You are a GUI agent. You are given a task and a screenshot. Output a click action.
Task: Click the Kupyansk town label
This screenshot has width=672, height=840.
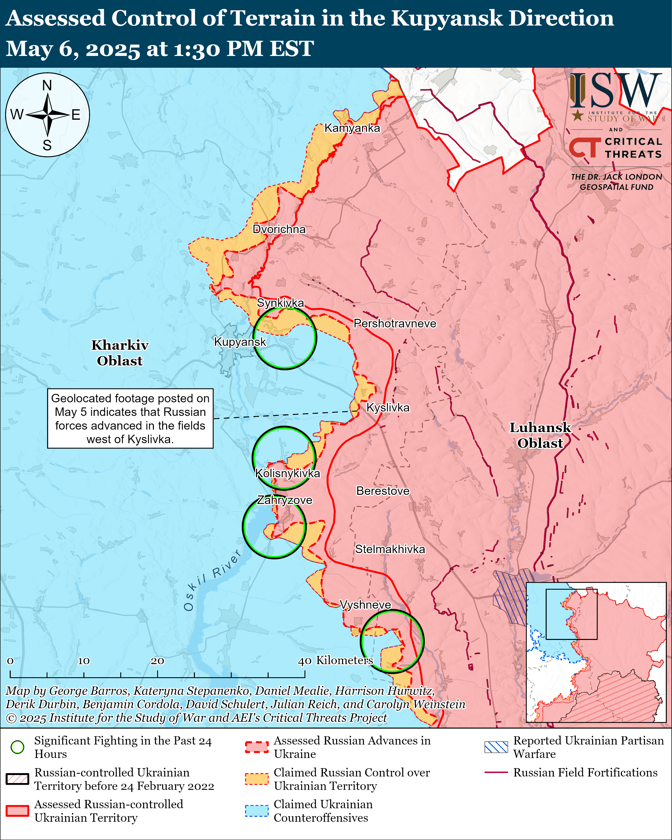(240, 342)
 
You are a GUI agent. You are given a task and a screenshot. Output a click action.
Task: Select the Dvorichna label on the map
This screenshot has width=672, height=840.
(279, 229)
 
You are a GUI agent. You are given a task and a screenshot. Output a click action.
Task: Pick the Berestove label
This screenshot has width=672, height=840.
(383, 491)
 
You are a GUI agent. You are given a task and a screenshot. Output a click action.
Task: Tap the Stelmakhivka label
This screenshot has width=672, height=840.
(390, 549)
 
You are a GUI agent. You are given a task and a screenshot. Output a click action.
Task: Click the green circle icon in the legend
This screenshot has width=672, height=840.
(18, 747)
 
